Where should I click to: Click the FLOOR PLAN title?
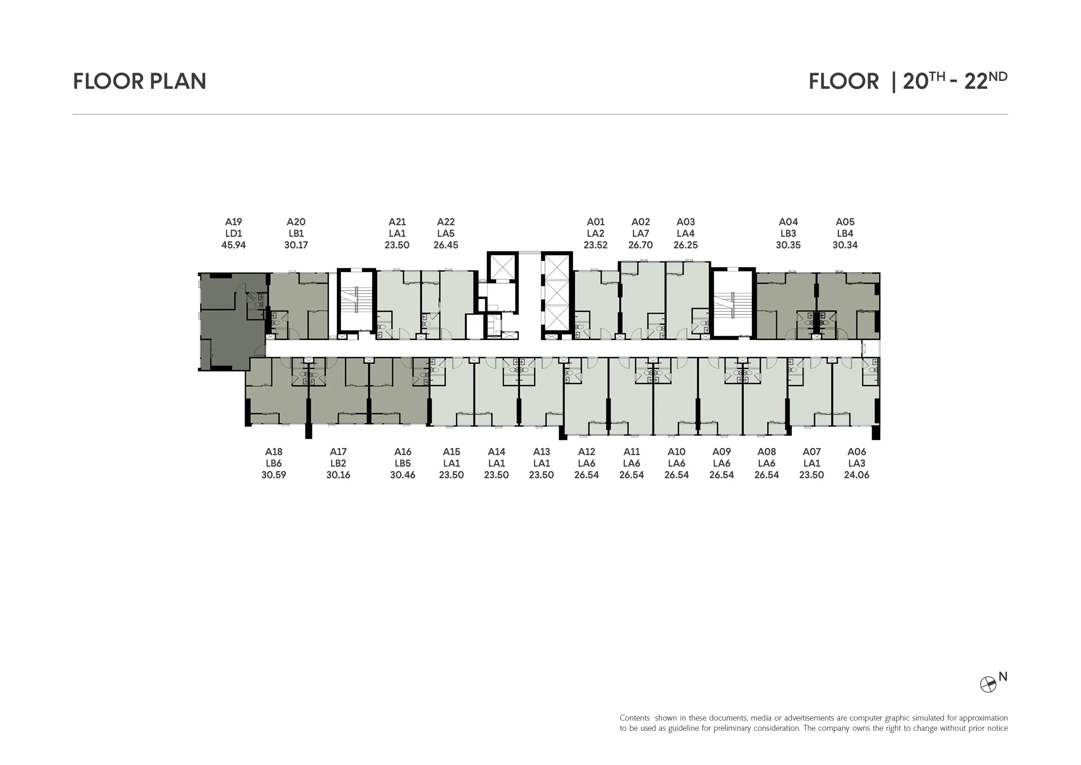click(140, 81)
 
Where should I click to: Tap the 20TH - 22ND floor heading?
click(955, 81)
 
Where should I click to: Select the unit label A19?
click(233, 222)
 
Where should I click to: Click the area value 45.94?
click(233, 245)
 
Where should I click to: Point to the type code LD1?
click(233, 234)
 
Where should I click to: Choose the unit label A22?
click(446, 222)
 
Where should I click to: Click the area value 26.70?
click(640, 245)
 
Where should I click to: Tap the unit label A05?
click(845, 222)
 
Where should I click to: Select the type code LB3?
click(788, 234)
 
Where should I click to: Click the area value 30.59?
click(274, 475)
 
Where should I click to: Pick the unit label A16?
click(403, 452)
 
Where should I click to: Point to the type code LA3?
click(856, 463)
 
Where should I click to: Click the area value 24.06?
click(856, 475)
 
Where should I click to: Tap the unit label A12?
click(586, 452)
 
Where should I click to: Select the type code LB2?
click(338, 463)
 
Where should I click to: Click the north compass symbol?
click(988, 685)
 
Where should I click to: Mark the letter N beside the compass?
click(1003, 677)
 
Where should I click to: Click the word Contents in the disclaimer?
click(635, 718)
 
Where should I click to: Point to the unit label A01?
click(596, 222)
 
